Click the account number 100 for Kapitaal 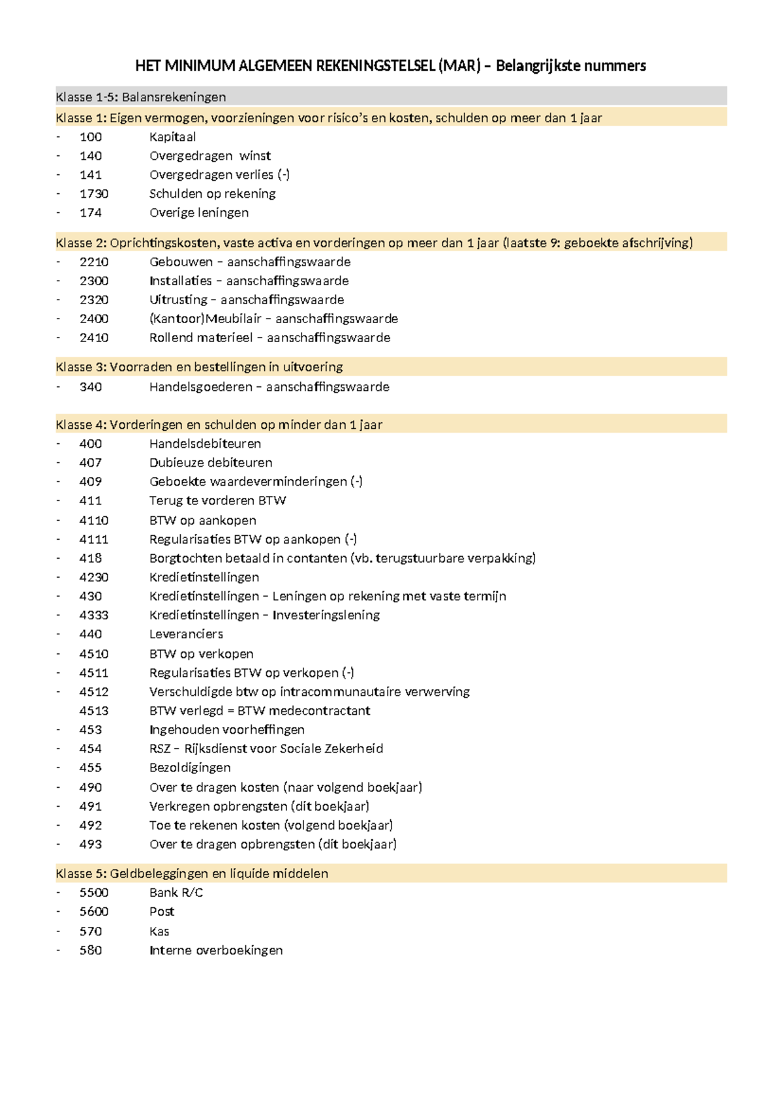pyautogui.click(x=91, y=137)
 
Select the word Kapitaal pyautogui.click(x=172, y=137)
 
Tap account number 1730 pyautogui.click(x=94, y=194)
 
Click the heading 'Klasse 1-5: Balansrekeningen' pyautogui.click(x=141, y=97)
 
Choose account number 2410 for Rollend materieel pyautogui.click(x=94, y=337)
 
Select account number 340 pyautogui.click(x=91, y=387)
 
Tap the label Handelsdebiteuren pyautogui.click(x=205, y=444)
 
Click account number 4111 pyautogui.click(x=94, y=539)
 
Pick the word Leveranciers pyautogui.click(x=186, y=634)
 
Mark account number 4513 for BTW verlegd pyautogui.click(x=94, y=711)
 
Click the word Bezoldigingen pyautogui.click(x=190, y=768)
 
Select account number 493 pyautogui.click(x=91, y=844)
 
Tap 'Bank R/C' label pyautogui.click(x=176, y=892)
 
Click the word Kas pyautogui.click(x=159, y=931)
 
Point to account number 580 pyautogui.click(x=91, y=950)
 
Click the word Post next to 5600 pyautogui.click(x=162, y=912)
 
